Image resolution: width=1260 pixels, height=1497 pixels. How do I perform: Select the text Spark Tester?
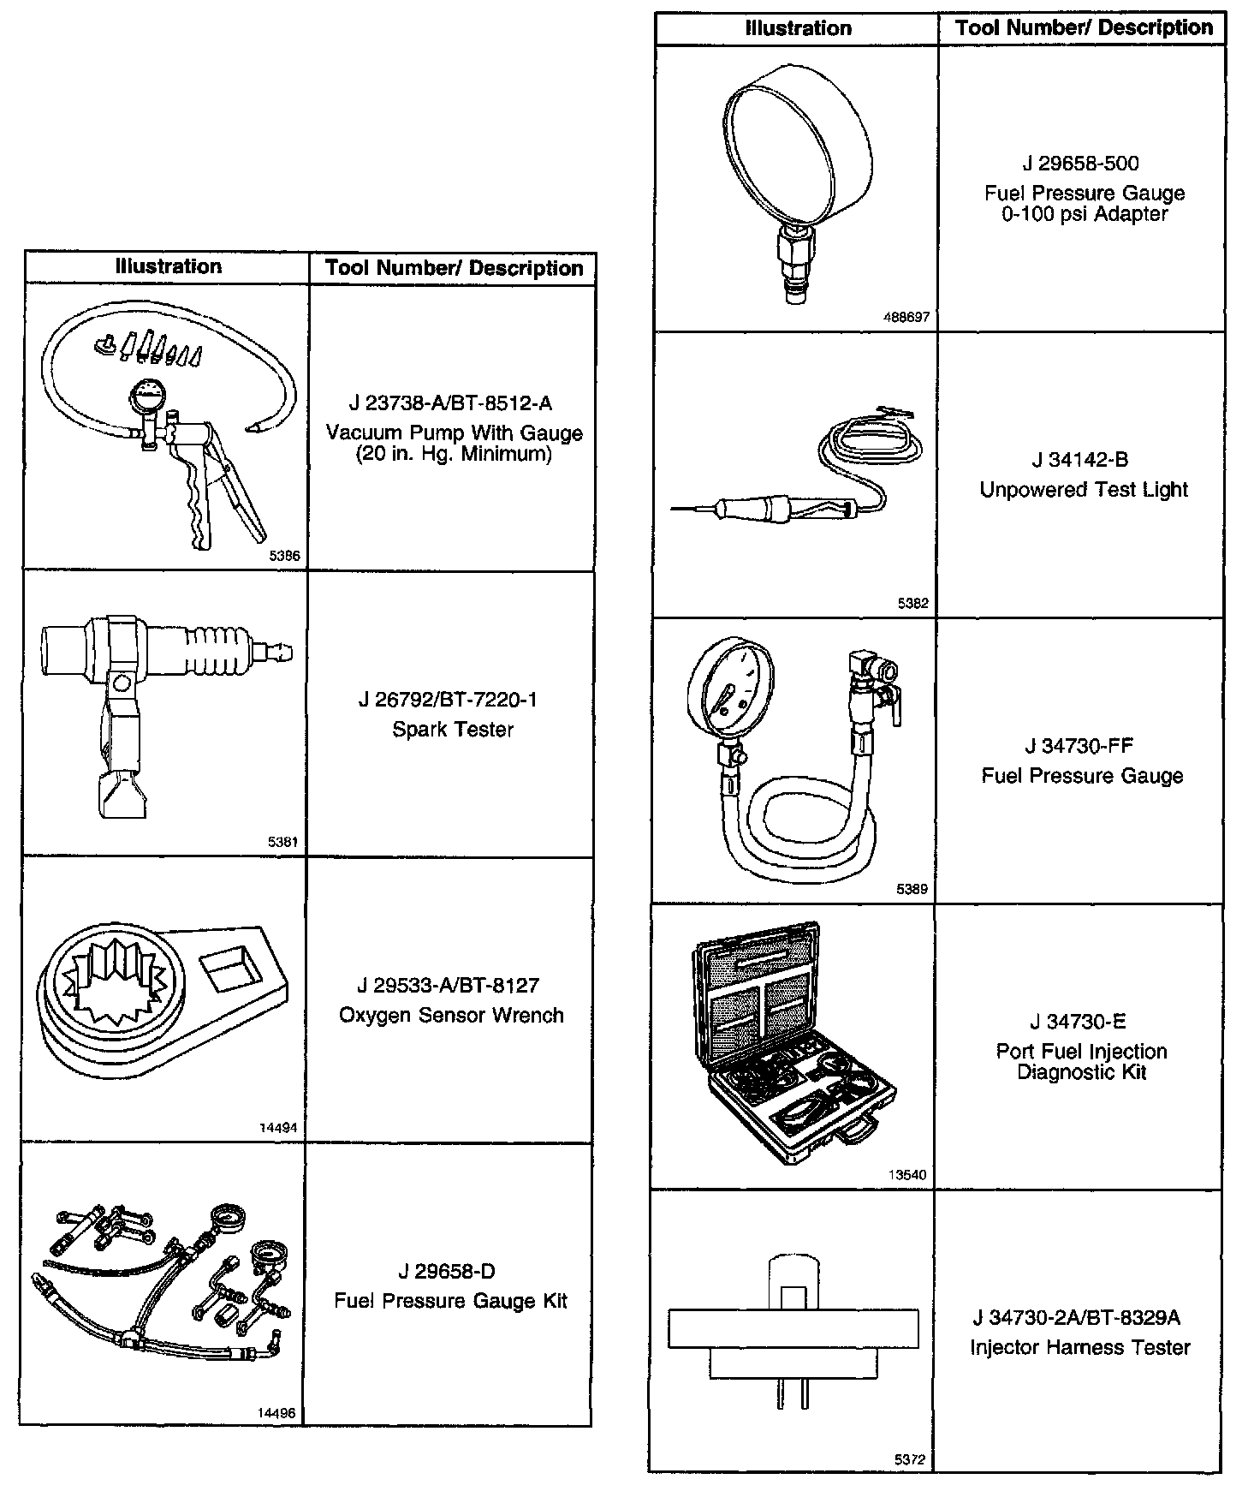[x=453, y=730]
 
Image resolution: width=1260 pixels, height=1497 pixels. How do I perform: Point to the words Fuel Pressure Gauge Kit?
[x=450, y=1301]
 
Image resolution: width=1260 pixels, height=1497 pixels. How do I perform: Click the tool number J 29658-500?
[x=1080, y=164]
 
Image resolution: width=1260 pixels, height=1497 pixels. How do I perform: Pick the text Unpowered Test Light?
[x=1084, y=490]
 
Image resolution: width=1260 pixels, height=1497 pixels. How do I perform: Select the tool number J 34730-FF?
[x=1079, y=746]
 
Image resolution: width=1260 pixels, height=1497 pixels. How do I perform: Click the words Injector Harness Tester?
[x=1079, y=1347]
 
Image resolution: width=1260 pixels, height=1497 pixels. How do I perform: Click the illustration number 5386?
[x=284, y=556]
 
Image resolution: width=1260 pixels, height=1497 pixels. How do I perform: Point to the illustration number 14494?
[x=278, y=1128]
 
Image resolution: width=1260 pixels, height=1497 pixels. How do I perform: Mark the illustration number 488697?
[x=906, y=317]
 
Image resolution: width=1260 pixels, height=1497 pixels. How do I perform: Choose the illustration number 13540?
[x=907, y=1175]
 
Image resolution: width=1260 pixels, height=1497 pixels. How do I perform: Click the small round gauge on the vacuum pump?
[x=147, y=398]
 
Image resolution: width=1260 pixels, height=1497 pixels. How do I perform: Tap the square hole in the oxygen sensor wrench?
[x=230, y=965]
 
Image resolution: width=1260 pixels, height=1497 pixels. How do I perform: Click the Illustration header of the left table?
[x=168, y=266]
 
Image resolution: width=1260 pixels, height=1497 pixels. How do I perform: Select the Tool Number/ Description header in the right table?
[x=1084, y=27]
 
